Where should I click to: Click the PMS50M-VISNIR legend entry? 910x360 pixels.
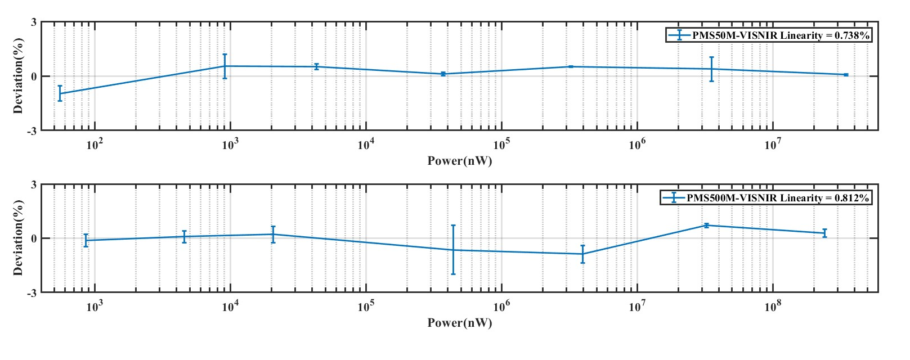pyautogui.click(x=769, y=35)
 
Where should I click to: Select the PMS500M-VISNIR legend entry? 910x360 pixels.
pyautogui.click(x=766, y=198)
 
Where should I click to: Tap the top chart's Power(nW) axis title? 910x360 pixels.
pyautogui.click(x=459, y=161)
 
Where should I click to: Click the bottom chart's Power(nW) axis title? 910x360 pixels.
pyautogui.click(x=459, y=323)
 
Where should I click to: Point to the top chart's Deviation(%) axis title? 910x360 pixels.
pyautogui.click(x=19, y=76)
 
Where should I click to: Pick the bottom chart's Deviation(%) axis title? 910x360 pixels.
pyautogui.click(x=19, y=238)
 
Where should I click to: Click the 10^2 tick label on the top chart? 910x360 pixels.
pyautogui.click(x=94, y=145)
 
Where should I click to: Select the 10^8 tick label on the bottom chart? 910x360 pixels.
pyautogui.click(x=772, y=307)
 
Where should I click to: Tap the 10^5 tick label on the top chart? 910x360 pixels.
pyautogui.click(x=501, y=145)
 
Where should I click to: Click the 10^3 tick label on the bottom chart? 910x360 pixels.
pyautogui.click(x=94, y=307)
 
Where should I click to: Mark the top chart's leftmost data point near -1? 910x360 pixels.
pyautogui.click(x=60, y=93)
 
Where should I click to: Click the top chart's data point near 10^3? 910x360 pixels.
pyautogui.click(x=225, y=66)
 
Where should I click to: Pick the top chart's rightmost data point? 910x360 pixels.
pyautogui.click(x=846, y=75)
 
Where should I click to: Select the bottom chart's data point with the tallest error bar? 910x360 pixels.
pyautogui.click(x=453, y=250)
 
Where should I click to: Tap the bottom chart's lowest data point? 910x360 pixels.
pyautogui.click(x=582, y=254)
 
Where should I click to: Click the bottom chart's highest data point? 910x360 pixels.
pyautogui.click(x=706, y=226)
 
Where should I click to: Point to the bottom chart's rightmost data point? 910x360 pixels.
pyautogui.click(x=825, y=233)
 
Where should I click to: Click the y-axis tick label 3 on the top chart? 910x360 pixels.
pyautogui.click(x=34, y=22)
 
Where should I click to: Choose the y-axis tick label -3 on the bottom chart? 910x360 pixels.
pyautogui.click(x=33, y=292)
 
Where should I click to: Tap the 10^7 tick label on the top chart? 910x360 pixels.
pyautogui.click(x=772, y=145)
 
